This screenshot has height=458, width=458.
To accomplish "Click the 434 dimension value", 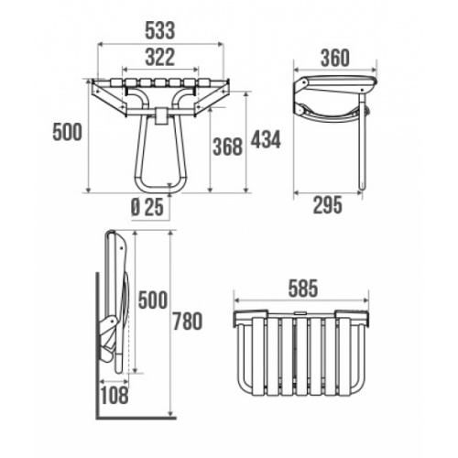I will [x=265, y=139].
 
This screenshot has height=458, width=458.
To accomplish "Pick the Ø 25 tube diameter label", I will [x=147, y=206].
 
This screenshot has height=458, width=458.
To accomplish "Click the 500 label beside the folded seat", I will [x=152, y=300].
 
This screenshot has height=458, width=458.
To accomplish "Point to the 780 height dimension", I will [x=187, y=322].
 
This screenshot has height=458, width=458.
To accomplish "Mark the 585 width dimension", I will [x=303, y=289].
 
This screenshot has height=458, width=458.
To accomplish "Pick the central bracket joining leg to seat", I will [x=160, y=115].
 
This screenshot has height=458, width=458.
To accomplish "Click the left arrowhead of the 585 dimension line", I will [x=238, y=300].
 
